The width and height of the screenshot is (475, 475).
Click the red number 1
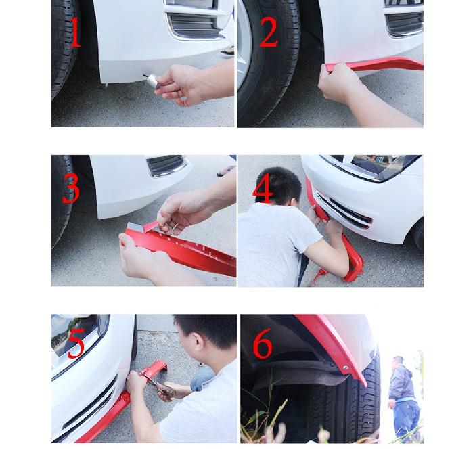(75, 32)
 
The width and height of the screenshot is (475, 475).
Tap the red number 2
(269, 32)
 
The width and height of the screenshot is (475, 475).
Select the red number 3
(72, 188)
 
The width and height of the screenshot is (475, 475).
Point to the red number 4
(263, 188)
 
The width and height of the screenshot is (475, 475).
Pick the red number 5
(76, 343)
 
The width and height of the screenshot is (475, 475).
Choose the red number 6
(263, 343)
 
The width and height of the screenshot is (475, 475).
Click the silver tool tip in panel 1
(152, 81)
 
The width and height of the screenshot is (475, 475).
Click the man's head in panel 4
(278, 185)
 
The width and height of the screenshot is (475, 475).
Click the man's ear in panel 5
(198, 341)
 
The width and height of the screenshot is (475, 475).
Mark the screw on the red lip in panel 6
(344, 368)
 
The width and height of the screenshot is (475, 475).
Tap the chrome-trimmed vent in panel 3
(166, 165)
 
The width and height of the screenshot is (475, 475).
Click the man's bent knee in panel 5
(202, 378)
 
